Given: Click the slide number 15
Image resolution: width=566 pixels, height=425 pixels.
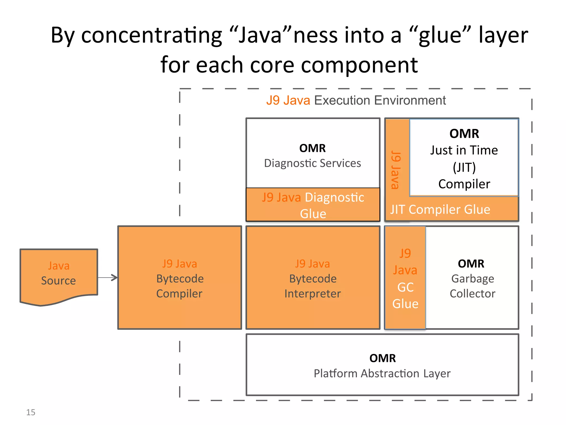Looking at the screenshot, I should point(31,412).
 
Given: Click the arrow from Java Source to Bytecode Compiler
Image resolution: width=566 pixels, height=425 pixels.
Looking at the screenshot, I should point(108,278).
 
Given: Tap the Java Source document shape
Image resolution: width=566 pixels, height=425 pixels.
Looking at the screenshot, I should point(59,274).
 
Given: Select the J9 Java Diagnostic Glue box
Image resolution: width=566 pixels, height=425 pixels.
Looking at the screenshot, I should point(313,205).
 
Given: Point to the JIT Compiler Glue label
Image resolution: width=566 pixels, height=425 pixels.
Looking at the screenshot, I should point(440,209).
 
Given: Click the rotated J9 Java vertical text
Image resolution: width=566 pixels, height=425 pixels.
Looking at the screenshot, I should point(396,170).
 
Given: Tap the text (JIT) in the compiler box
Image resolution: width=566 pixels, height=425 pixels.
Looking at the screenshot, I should point(464,167).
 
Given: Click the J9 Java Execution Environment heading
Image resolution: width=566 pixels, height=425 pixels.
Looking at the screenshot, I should point(356,100).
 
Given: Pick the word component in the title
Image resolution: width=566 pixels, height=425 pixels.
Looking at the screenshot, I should point(359,65).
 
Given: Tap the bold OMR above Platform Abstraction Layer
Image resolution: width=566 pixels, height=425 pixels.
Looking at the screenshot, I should point(382,358).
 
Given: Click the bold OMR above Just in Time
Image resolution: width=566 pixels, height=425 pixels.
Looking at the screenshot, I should point(464,134).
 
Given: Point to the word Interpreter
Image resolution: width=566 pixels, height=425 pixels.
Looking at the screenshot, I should point(313,294).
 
